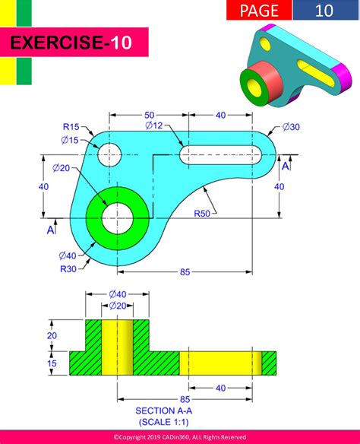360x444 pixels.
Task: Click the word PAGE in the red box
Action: pos(258,10)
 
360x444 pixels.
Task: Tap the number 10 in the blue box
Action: pos(324,10)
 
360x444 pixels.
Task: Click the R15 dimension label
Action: pos(71,126)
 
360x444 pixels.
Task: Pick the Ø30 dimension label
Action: pos(291,126)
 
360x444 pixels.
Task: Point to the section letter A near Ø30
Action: pos(286,166)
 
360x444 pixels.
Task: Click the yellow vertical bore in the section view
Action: pos(117,347)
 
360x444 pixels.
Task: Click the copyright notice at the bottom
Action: pos(179,437)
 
